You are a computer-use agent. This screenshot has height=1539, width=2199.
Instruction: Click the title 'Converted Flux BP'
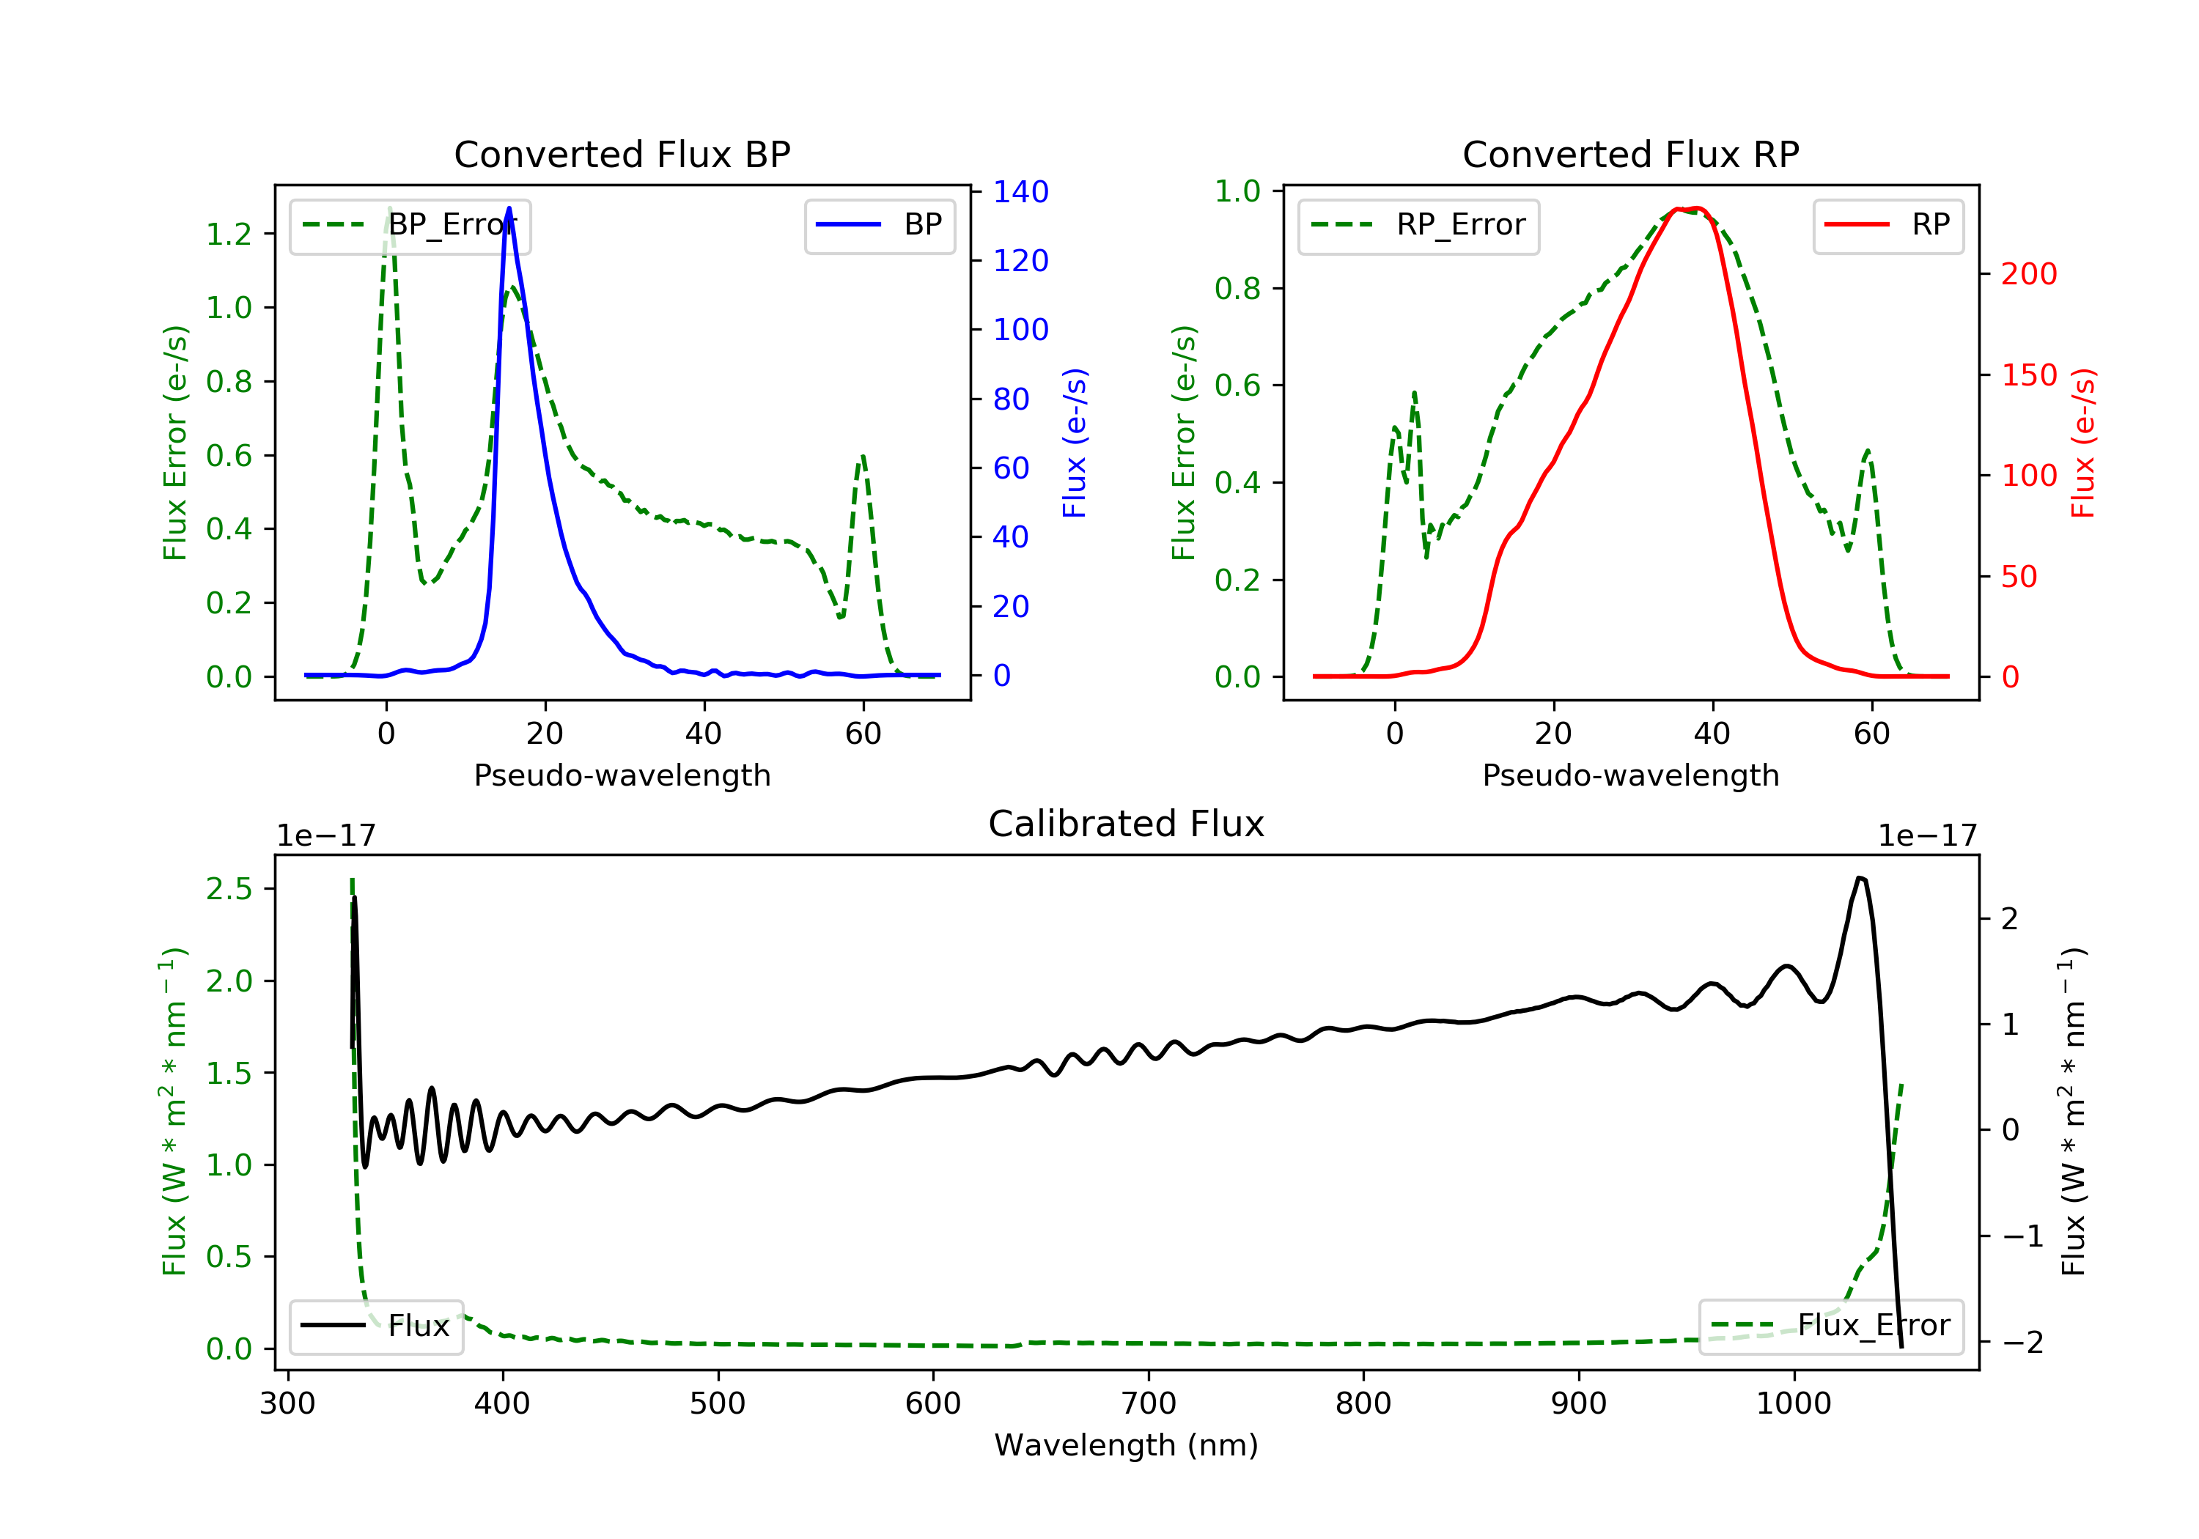coord(622,154)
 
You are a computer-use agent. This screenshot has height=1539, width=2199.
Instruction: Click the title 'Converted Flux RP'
coord(1630,154)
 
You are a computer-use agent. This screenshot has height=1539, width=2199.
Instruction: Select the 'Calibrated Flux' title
coord(1127,824)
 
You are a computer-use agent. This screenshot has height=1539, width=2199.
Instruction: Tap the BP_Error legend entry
coord(410,225)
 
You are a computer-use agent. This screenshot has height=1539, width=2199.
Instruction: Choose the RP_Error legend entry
coord(1418,225)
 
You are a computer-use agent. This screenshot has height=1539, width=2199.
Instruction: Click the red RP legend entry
coord(1887,225)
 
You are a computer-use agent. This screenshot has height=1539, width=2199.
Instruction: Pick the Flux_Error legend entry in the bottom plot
coord(1830,1326)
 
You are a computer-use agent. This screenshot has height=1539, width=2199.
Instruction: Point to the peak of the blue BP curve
coord(509,208)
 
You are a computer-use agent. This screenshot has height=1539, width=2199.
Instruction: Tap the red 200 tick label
coord(2028,274)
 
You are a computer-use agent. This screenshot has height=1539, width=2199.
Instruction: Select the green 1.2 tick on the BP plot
coord(229,234)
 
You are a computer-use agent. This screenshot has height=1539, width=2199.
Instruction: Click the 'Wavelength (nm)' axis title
coord(1127,1445)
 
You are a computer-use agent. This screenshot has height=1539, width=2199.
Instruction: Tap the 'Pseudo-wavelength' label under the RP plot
coord(1630,775)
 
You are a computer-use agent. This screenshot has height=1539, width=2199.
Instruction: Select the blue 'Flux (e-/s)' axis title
coord(1075,443)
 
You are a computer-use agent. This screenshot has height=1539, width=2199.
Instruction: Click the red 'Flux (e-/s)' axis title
coord(2083,443)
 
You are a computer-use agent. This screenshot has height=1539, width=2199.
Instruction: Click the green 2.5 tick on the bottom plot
coord(229,889)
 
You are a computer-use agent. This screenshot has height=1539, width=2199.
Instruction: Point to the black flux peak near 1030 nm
coord(1860,877)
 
